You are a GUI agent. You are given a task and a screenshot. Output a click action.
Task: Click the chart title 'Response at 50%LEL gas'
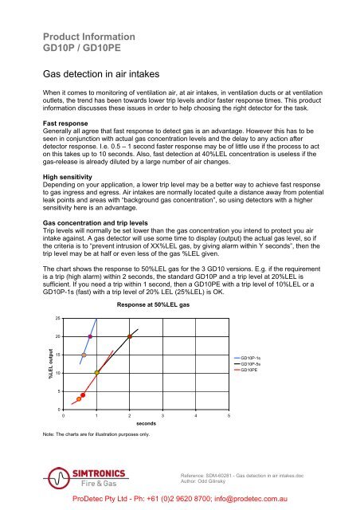pos(151,283)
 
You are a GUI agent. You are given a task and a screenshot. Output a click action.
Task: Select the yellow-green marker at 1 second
pos(97,372)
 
